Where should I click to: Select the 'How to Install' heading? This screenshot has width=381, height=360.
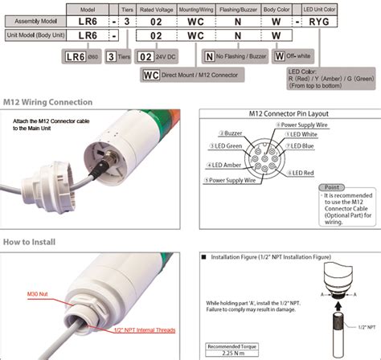(x=28, y=240)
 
